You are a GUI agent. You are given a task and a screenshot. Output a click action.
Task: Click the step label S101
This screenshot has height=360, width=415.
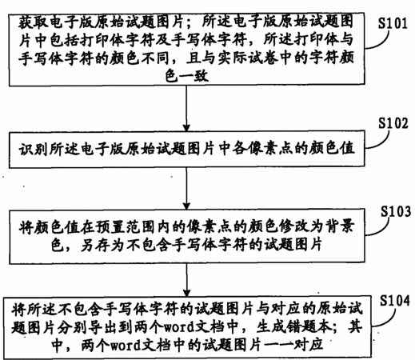tap(393, 23)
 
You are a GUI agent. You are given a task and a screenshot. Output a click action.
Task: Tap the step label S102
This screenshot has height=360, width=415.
tap(393, 123)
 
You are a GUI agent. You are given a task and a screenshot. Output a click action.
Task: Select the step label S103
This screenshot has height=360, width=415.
tap(396, 212)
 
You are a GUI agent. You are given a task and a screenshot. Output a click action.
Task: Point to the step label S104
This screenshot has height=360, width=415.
tap(395, 301)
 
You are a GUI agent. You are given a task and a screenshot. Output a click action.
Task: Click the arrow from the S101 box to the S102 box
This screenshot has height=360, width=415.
tap(186, 109)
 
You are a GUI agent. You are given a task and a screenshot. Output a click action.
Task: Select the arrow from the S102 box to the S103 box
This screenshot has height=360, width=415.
tap(186, 189)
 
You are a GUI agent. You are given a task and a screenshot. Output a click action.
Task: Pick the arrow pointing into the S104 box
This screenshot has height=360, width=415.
tap(186, 280)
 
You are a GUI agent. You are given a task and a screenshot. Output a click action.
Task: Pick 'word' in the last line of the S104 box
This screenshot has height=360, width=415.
tap(126, 346)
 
